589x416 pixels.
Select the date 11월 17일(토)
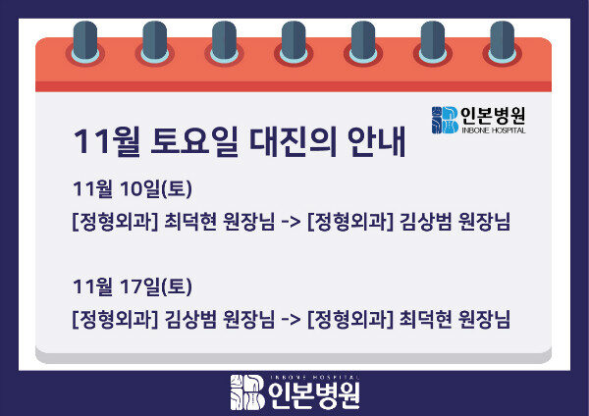131,287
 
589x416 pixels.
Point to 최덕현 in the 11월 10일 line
190,223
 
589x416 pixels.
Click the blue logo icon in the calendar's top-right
444,120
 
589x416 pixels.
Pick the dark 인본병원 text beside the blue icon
493,115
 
